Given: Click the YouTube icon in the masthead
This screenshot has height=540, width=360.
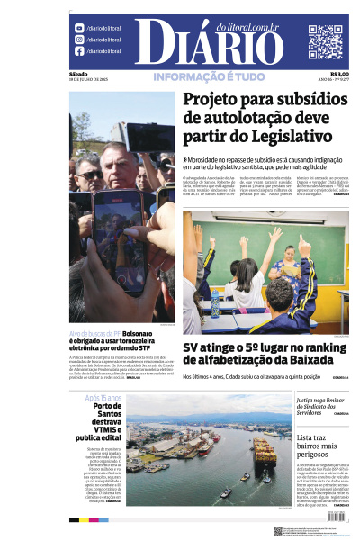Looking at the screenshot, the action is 79,28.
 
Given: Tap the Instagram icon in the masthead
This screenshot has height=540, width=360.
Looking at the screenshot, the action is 79,40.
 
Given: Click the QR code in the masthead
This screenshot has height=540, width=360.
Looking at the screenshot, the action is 325,41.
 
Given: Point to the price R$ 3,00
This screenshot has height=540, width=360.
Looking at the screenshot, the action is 339,74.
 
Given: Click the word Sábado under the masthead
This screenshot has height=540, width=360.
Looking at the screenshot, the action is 78,74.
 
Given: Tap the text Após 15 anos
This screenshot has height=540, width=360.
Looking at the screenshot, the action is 103,397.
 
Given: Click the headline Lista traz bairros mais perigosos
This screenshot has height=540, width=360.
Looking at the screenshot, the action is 322,447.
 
